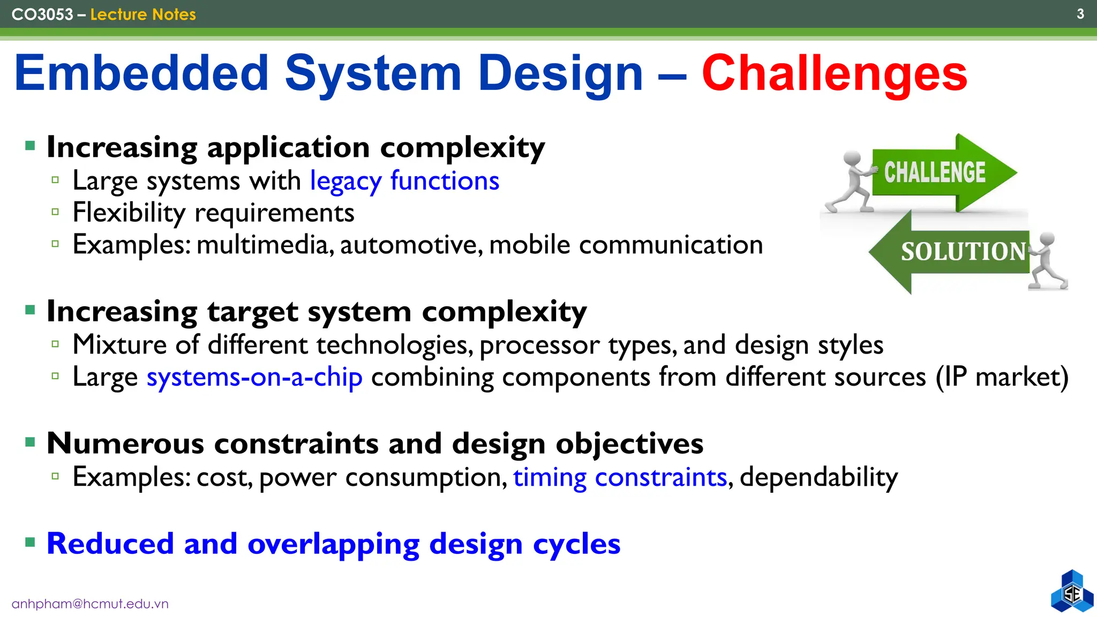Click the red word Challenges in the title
tap(834, 73)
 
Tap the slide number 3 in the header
tap(1080, 14)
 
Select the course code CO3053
tap(42, 14)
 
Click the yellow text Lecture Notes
tap(143, 14)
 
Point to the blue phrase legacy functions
tap(404, 181)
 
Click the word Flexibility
tap(129, 213)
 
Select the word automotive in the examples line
tap(411, 245)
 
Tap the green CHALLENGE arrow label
tap(934, 172)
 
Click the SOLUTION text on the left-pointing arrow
tap(963, 252)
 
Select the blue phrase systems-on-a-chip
tap(254, 377)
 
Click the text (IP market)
tap(1002, 377)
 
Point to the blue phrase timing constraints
tap(620, 477)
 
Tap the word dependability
tap(818, 477)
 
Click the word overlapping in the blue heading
tap(333, 544)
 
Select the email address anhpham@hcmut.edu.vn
tap(90, 604)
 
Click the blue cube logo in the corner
tap(1072, 592)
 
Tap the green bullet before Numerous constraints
tap(31, 442)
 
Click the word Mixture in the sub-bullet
tap(119, 344)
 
